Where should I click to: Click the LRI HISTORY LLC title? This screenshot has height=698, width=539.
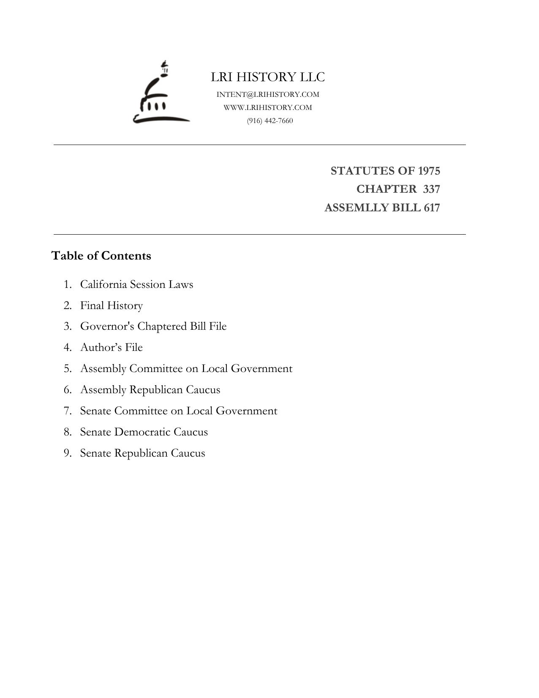(268, 77)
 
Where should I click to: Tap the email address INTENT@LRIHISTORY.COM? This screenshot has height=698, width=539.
(268, 94)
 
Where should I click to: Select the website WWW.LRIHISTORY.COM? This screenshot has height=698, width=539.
(268, 107)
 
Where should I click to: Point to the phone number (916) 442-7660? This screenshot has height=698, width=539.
(270, 120)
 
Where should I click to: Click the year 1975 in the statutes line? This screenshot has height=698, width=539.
(429, 171)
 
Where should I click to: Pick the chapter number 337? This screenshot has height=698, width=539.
(431, 189)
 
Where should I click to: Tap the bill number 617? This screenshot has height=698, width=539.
(432, 208)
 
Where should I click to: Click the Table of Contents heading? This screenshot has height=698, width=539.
(101, 256)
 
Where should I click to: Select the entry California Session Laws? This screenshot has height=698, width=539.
(136, 284)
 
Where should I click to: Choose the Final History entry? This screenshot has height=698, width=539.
(112, 305)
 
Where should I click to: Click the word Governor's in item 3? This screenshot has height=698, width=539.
(107, 326)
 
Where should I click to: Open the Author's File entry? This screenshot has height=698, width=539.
(112, 347)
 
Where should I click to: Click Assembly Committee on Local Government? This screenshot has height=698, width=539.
(186, 368)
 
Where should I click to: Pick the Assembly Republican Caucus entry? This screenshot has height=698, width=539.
(150, 389)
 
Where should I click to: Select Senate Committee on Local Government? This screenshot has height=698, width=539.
(179, 411)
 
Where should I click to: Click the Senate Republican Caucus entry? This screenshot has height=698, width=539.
(142, 453)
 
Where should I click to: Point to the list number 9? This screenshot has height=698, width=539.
(68, 453)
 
